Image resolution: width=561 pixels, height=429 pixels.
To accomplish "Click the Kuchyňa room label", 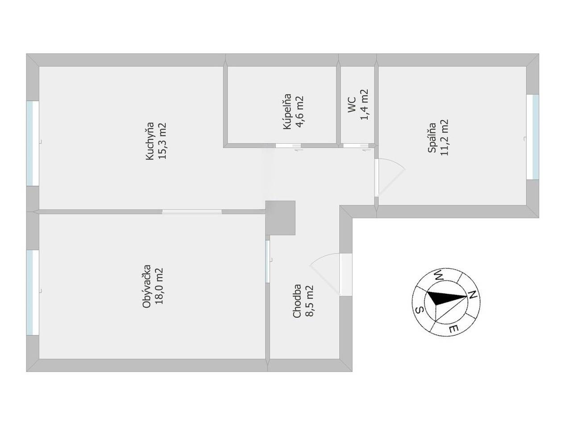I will point(150,141).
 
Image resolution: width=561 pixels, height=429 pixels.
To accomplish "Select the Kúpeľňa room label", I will point(287,112).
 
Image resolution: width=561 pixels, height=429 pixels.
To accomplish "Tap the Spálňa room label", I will point(432,138).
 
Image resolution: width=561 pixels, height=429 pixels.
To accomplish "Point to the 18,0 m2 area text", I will point(159,286).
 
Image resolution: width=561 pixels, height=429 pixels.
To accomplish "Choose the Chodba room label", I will point(297,302).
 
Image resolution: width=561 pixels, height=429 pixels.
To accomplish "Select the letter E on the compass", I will point(453,329).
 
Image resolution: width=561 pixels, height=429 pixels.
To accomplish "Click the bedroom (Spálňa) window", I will point(533,137).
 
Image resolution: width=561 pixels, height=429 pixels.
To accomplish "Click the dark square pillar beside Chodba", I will point(280,218).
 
